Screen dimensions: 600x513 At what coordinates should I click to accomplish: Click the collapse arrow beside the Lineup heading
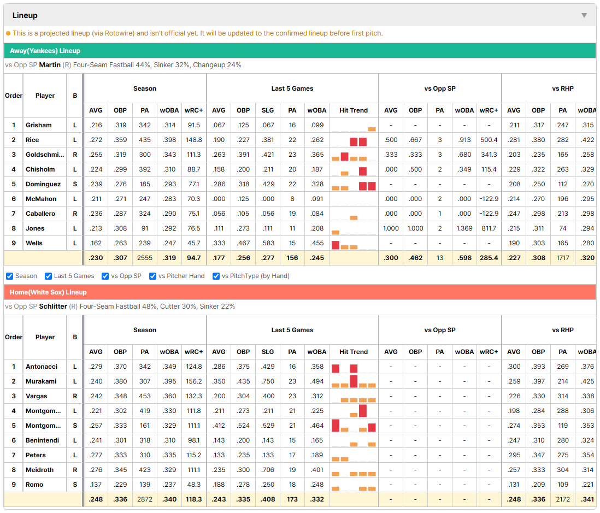(584, 15)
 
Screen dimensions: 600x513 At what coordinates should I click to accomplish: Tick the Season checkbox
(10, 276)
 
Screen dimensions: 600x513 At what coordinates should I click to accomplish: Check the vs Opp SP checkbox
(105, 276)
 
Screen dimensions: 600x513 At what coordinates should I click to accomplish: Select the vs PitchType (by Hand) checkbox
(216, 276)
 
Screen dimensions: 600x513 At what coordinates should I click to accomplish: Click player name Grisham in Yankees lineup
(39, 125)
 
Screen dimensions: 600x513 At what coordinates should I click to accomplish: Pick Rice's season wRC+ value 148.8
(193, 140)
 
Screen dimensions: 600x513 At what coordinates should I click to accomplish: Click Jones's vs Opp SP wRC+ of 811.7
(489, 228)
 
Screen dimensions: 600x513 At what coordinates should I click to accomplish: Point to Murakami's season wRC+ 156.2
(193, 381)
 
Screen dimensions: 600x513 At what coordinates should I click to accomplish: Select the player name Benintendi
(42, 440)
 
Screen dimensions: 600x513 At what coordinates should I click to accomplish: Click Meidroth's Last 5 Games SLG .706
(268, 470)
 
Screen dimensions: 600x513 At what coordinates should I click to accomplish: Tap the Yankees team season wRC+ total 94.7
(193, 258)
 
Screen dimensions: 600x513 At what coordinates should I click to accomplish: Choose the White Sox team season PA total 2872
(145, 499)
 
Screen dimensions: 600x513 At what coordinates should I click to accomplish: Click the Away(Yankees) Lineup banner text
(45, 51)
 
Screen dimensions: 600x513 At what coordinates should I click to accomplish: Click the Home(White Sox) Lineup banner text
(48, 292)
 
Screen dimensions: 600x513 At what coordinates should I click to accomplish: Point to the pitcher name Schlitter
(53, 306)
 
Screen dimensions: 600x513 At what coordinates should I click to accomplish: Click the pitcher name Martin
(50, 65)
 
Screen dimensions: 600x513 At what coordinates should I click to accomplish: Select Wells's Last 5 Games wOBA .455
(317, 243)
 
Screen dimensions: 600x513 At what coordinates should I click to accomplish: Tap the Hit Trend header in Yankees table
(354, 110)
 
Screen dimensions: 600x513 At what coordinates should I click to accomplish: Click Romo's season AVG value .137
(96, 485)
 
